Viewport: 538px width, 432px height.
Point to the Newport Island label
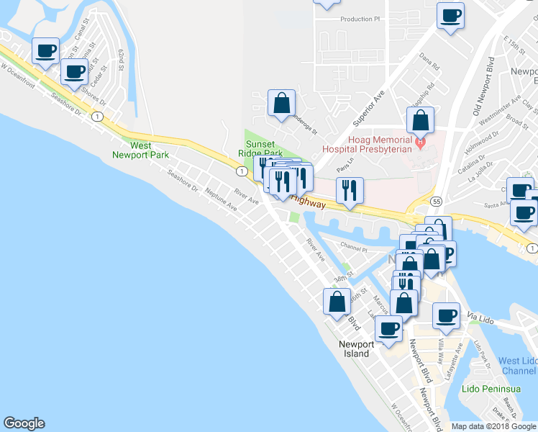[x=357, y=348]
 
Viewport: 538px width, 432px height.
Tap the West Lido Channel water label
[x=518, y=366]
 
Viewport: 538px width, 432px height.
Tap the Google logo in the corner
[x=24, y=423]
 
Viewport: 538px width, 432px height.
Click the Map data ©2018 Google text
[x=493, y=426]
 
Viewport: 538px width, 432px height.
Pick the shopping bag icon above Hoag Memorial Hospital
[x=420, y=120]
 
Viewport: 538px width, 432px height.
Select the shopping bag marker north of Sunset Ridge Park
[x=281, y=103]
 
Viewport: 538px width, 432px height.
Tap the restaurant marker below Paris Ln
[x=350, y=190]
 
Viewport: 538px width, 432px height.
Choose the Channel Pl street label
[x=354, y=247]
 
